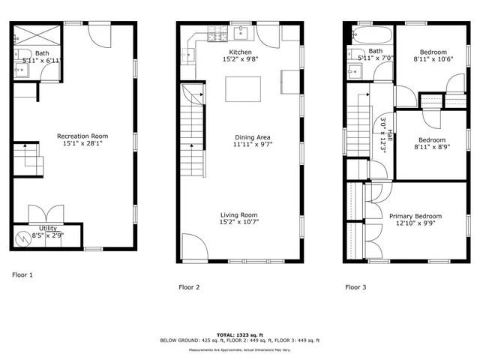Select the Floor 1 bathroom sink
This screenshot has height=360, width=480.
pos(20,70)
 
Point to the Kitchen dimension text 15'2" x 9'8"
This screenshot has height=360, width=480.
pos(240,58)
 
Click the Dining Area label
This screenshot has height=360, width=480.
pos(247,137)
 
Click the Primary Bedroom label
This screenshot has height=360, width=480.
pos(415,217)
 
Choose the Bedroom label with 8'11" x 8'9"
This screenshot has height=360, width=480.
pos(431,140)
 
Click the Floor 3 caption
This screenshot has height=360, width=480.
pos(355,287)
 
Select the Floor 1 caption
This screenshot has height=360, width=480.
pos(22,275)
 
